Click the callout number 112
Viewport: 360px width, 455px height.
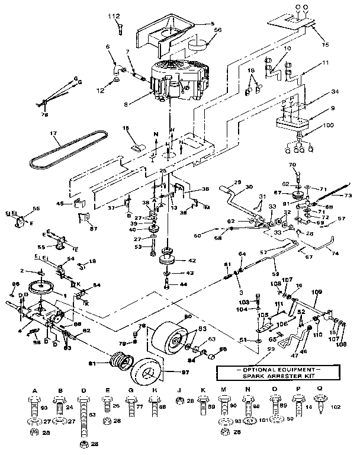(x=114, y=15)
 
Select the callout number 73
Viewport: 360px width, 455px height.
(x=348, y=195)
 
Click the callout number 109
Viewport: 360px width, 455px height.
(x=317, y=291)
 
